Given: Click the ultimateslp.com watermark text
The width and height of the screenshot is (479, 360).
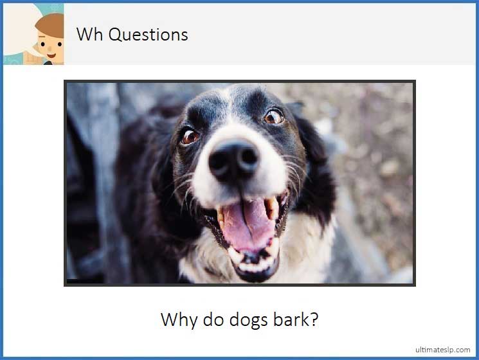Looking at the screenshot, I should (443, 350).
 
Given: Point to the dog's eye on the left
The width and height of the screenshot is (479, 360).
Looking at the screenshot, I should (190, 136).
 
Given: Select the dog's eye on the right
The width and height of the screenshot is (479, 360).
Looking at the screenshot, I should (275, 116).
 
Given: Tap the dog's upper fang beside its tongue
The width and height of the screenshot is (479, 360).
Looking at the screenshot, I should (273, 207).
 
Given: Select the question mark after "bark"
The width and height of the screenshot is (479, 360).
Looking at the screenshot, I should (313, 319).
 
